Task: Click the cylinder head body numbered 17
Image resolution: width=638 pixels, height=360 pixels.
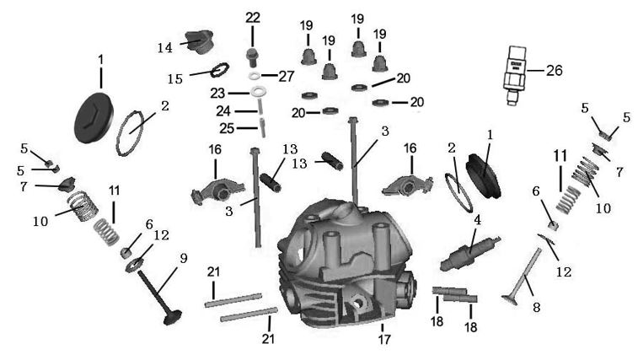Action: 346,264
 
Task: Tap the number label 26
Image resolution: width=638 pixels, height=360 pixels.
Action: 554,71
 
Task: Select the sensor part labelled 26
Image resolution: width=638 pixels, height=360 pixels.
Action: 515,74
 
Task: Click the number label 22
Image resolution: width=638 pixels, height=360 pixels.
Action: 252,18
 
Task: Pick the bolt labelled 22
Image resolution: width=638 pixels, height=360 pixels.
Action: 252,58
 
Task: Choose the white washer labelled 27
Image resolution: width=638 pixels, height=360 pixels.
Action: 255,76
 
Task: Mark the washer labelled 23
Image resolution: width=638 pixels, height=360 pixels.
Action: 257,91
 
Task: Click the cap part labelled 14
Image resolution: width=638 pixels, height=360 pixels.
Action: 200,40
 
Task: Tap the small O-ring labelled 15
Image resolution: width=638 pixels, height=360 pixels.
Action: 220,70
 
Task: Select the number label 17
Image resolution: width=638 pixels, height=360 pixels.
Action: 384,339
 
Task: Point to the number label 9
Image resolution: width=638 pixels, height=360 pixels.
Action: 184,258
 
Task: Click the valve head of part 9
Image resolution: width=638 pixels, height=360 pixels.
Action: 172,317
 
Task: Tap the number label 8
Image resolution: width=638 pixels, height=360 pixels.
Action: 536,307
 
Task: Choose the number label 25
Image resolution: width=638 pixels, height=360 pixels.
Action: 227,129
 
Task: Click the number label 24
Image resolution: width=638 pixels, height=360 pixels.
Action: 223,110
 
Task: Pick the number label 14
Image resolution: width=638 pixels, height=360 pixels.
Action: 165,48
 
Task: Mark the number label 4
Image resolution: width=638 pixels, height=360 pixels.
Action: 477,220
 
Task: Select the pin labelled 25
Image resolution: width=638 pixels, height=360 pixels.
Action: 263,127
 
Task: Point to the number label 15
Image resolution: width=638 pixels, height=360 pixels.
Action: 175,78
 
